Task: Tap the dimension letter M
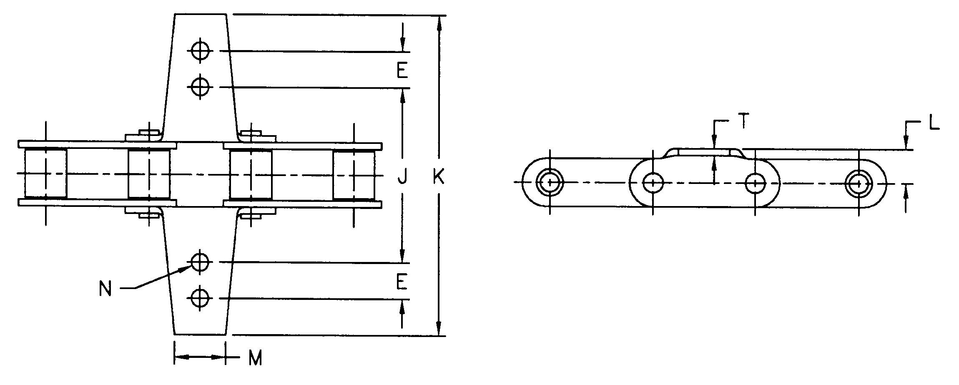pos(255,358)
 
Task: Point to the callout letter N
pos(105,289)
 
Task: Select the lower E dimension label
pos(402,282)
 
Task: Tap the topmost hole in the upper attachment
pos(201,51)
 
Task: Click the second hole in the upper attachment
pos(201,87)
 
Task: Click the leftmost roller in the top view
pos(45,173)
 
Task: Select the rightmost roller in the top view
pos(353,173)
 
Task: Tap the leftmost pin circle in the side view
pos(550,183)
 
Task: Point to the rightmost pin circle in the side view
pos(859,183)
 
